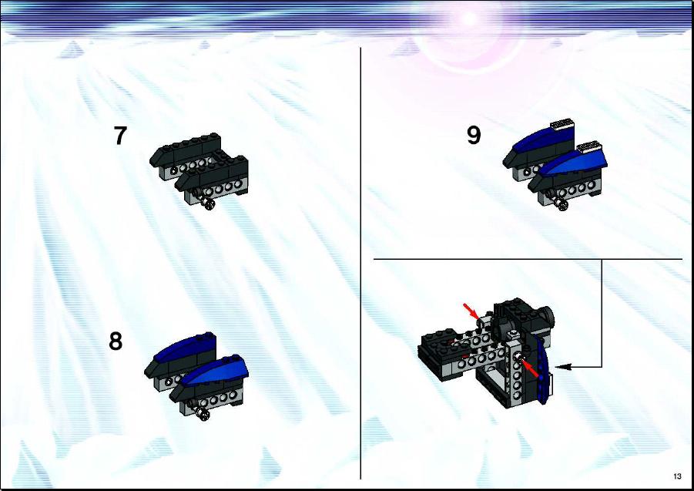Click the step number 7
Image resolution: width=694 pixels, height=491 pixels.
point(120,136)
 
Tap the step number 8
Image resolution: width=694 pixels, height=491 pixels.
point(116,341)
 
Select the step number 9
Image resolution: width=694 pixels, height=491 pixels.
point(474,135)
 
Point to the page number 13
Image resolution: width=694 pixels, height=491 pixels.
point(677,476)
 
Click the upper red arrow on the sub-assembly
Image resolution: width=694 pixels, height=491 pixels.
point(471,311)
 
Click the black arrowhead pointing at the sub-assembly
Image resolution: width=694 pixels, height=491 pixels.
point(562,367)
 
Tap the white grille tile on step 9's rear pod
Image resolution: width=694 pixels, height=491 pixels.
point(562,123)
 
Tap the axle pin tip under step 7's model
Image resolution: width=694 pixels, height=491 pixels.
point(208,204)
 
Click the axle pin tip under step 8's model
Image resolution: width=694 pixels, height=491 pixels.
point(203,414)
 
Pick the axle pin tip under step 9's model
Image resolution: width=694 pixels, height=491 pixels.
point(562,205)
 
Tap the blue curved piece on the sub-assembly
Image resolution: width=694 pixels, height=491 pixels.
point(543,368)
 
